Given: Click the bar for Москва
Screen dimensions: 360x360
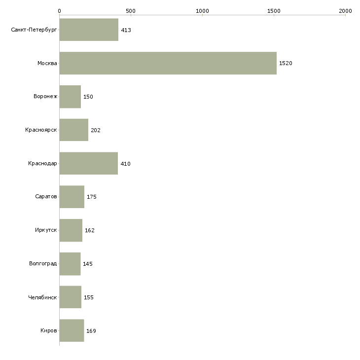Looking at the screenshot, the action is pyautogui.click(x=168, y=63).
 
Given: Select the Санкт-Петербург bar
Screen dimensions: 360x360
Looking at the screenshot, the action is pyautogui.click(x=89, y=30).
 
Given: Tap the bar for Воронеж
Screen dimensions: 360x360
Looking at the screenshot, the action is pyautogui.click(x=70, y=97).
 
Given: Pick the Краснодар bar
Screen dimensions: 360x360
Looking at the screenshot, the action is pyautogui.click(x=89, y=163).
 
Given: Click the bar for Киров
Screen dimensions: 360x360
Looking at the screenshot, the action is pyautogui.click(x=72, y=330).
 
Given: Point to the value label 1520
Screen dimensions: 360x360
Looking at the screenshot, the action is pyautogui.click(x=286, y=63).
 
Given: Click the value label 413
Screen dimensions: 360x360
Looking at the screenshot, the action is pyautogui.click(x=126, y=30).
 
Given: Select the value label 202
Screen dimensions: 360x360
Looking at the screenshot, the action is pyautogui.click(x=96, y=130).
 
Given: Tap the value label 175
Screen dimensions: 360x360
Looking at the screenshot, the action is pyautogui.click(x=92, y=197).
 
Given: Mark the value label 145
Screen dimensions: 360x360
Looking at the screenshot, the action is pyautogui.click(x=88, y=264).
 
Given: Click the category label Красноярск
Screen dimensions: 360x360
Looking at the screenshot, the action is pyautogui.click(x=41, y=130).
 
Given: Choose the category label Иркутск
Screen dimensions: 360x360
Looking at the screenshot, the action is pyautogui.click(x=46, y=230).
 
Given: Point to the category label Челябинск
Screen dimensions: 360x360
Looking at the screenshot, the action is pyautogui.click(x=42, y=297).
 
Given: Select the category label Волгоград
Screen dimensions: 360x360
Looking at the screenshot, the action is pyautogui.click(x=43, y=263).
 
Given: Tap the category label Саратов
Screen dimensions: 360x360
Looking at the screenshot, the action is pyautogui.click(x=46, y=197).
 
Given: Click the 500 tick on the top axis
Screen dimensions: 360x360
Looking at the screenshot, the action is pyautogui.click(x=131, y=11).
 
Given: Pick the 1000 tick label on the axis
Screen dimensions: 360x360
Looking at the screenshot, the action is pyautogui.click(x=202, y=11).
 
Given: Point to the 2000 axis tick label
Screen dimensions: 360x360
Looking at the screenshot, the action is pyautogui.click(x=345, y=11).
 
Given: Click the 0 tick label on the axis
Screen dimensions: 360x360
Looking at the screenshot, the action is pyautogui.click(x=60, y=11).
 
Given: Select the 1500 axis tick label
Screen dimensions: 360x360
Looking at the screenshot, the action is pyautogui.click(x=274, y=11).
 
